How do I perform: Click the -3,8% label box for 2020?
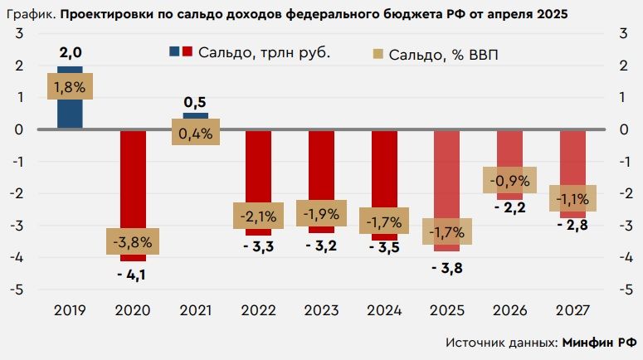click(x=133, y=242)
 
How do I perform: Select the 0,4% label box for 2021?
click(x=196, y=133)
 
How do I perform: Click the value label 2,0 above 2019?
click(x=70, y=53)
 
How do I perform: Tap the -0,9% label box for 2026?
click(x=510, y=179)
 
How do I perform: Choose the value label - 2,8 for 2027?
click(x=572, y=226)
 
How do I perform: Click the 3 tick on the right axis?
click(x=622, y=33)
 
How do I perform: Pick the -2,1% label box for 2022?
click(x=259, y=216)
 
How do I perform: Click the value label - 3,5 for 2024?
click(x=384, y=247)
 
